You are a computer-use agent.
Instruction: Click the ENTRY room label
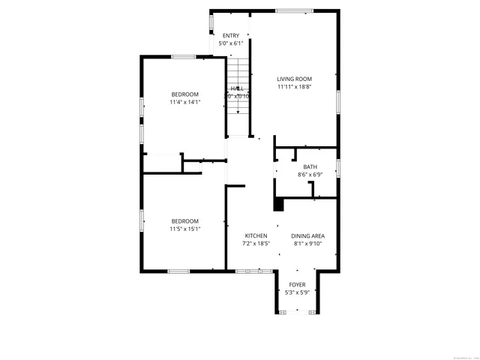[231, 35]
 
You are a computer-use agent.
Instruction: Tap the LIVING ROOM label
[294, 79]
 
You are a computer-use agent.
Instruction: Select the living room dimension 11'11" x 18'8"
[294, 87]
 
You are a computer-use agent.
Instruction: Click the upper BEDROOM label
[184, 94]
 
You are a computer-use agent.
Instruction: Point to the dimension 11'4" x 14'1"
[184, 102]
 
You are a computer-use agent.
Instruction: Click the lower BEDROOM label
[184, 220]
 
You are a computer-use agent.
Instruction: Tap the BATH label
[310, 166]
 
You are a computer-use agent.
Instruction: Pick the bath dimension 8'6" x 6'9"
[310, 175]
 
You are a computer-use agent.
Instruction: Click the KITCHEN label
[255, 235]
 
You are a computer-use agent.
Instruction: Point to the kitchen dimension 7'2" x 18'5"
[255, 244]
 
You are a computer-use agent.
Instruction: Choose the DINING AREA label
[307, 235]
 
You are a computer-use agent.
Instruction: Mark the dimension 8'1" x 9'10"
[307, 244]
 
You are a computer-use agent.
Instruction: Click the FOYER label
[297, 285]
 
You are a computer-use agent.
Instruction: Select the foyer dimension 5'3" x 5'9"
[297, 292]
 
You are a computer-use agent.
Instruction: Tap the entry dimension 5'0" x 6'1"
[231, 43]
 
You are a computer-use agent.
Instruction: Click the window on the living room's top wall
[293, 10]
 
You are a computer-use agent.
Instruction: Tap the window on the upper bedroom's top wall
[184, 57]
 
